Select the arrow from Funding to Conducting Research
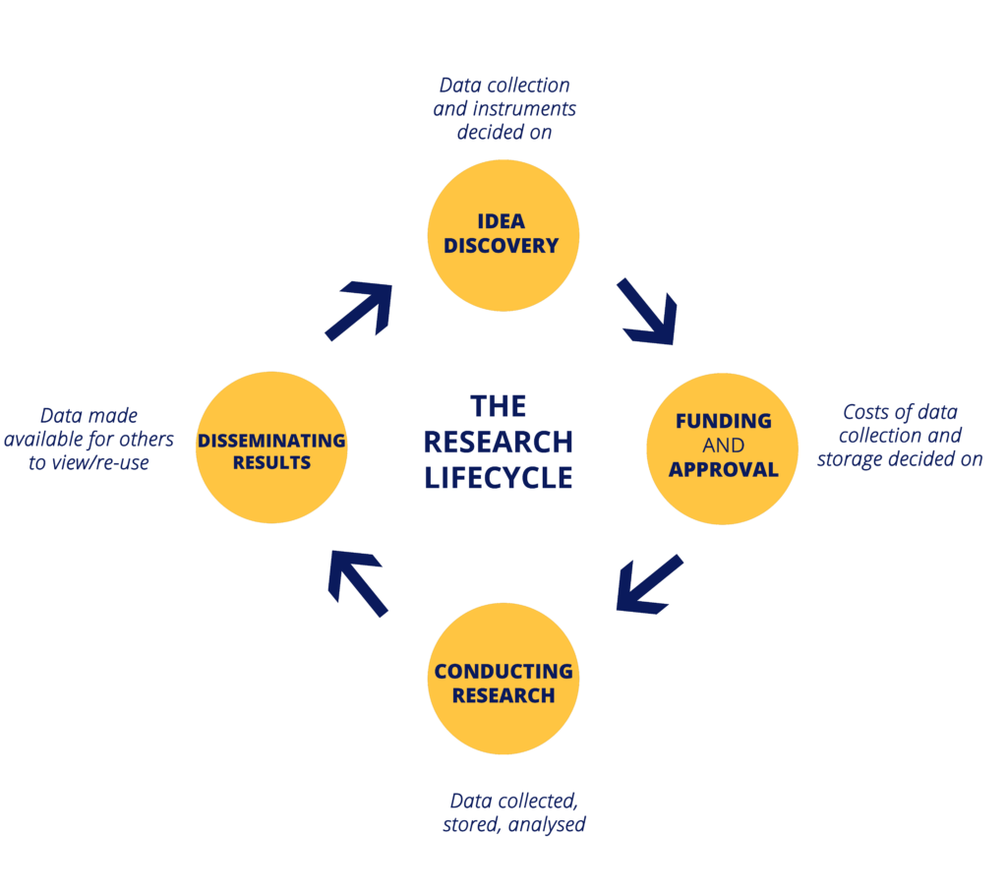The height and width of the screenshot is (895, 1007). click(648, 583)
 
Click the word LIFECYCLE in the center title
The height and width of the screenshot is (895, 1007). click(498, 477)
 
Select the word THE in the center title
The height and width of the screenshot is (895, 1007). click(498, 406)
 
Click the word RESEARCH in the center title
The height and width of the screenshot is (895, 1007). click(498, 442)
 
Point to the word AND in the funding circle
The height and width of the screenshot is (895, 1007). click(723, 446)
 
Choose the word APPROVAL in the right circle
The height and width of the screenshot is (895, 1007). click(723, 469)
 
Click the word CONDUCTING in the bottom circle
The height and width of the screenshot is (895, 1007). click(503, 672)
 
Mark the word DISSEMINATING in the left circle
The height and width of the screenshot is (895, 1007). click(271, 441)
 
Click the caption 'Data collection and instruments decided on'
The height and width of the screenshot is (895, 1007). click(504, 108)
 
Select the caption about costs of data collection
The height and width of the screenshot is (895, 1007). click(900, 436)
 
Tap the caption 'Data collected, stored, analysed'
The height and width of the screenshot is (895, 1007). click(513, 812)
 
